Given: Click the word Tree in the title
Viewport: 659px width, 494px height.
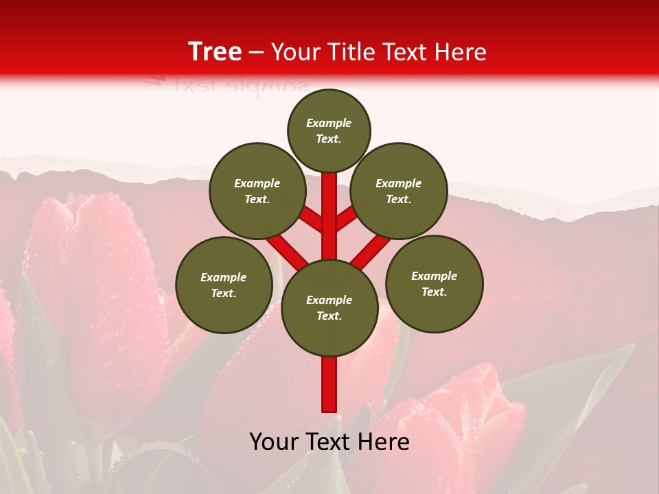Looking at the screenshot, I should click(x=215, y=51).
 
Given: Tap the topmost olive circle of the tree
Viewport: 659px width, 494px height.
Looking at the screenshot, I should click(x=329, y=130).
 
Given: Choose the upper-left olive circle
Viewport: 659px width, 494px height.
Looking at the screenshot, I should click(x=257, y=191).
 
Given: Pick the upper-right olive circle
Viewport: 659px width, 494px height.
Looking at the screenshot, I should click(x=399, y=191).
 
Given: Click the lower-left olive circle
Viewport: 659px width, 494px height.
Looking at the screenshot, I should click(x=224, y=285).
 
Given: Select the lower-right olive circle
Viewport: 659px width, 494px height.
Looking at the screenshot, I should click(x=435, y=283).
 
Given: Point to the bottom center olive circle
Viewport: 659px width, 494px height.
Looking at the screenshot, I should click(x=329, y=307).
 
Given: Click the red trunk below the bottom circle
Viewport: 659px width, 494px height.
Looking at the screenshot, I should click(x=329, y=384).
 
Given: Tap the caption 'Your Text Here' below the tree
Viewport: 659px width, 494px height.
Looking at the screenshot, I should click(x=329, y=442).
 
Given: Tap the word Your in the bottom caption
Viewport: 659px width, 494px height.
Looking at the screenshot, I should click(x=274, y=442).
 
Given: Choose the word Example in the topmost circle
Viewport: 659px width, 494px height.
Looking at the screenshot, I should click(x=329, y=123).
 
